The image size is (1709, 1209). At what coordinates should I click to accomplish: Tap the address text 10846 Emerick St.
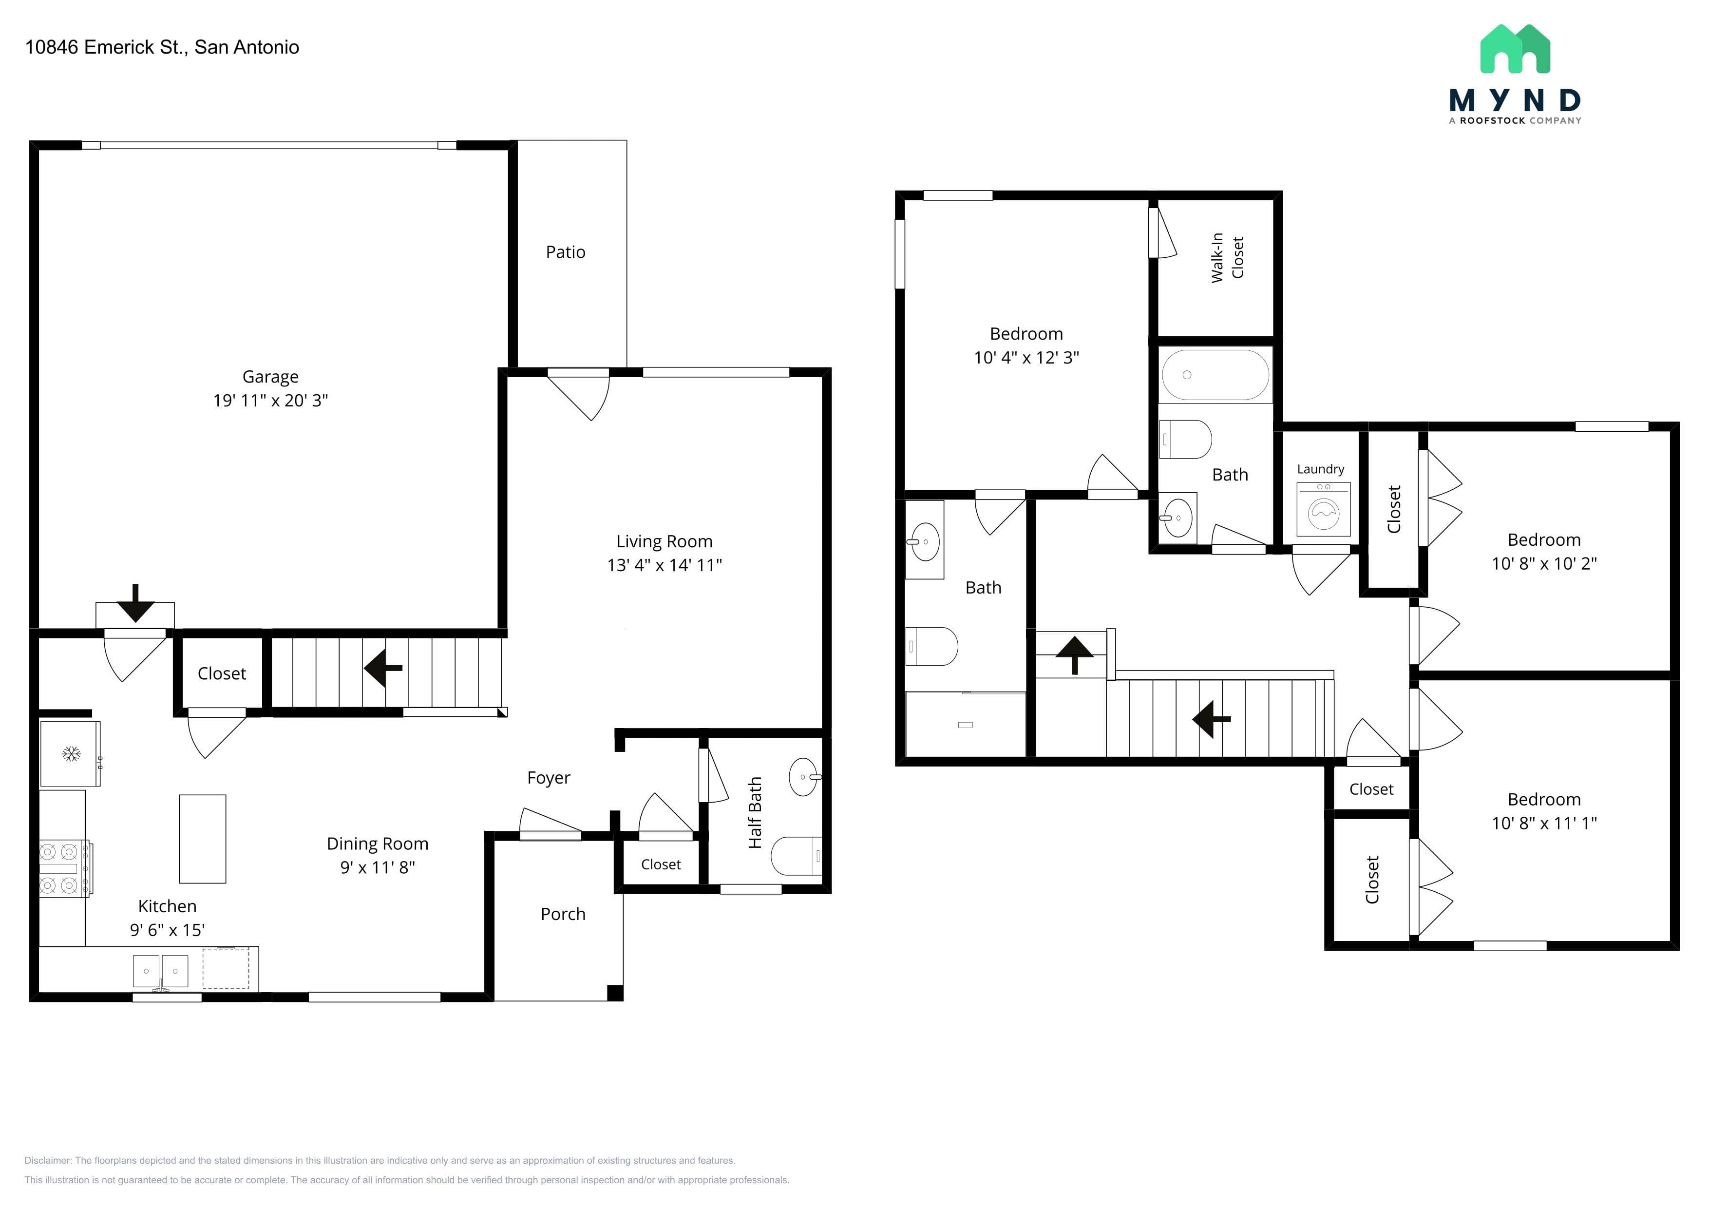tap(104, 47)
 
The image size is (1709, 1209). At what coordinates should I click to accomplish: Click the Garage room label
tap(270, 377)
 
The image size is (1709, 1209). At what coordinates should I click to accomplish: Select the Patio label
tap(566, 252)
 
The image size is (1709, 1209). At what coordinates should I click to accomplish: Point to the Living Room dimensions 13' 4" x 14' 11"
tap(665, 565)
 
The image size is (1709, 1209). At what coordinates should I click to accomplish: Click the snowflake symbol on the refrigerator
tap(71, 754)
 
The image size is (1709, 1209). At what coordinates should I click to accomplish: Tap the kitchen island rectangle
tap(203, 839)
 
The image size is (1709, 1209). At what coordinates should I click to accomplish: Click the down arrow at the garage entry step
tap(135, 603)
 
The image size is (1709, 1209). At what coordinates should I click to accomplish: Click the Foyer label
tap(549, 778)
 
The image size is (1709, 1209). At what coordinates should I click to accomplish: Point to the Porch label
tap(563, 914)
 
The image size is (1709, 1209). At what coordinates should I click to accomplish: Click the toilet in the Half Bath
tap(797, 856)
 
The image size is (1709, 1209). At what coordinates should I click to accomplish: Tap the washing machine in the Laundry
tap(1324, 509)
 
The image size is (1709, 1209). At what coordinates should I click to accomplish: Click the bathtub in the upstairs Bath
tap(1215, 375)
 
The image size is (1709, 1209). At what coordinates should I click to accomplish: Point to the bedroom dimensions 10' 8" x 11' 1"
tap(1544, 823)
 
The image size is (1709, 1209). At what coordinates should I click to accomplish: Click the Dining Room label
tap(378, 844)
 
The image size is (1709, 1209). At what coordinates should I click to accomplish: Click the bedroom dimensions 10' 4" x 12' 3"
tap(1026, 357)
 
